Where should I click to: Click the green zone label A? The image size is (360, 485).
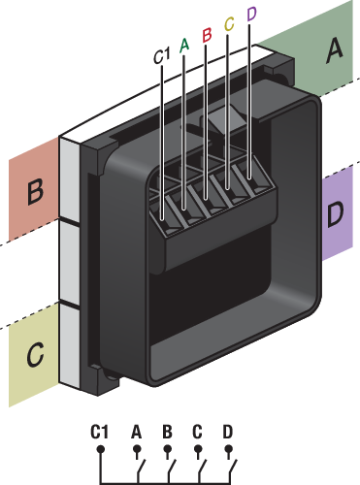(x=335, y=50)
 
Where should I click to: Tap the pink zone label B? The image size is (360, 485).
(x=35, y=192)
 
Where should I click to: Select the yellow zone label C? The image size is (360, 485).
(x=35, y=354)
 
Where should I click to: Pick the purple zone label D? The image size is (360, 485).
(x=335, y=213)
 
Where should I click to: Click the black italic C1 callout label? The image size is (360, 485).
(x=161, y=55)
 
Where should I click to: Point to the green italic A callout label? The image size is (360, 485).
(x=184, y=46)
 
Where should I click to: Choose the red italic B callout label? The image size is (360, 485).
(x=207, y=35)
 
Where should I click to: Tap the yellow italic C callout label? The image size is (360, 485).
(x=229, y=24)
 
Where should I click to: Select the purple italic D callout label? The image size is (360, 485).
(x=251, y=14)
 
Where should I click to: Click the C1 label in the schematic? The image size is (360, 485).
(x=99, y=432)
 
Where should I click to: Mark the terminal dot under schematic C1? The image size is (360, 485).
(x=101, y=449)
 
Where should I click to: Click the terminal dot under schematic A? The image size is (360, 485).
(x=137, y=449)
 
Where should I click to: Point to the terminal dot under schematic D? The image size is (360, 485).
(x=229, y=449)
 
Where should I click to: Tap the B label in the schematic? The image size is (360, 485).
(x=167, y=432)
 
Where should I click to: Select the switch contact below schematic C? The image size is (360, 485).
(x=202, y=468)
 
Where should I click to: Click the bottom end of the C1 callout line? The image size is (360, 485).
(x=162, y=220)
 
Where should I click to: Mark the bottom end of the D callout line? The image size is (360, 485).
(x=249, y=178)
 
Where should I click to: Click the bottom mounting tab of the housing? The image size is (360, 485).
(x=104, y=379)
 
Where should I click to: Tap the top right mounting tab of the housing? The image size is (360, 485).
(x=281, y=71)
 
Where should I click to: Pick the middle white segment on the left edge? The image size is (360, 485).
(x=70, y=263)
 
